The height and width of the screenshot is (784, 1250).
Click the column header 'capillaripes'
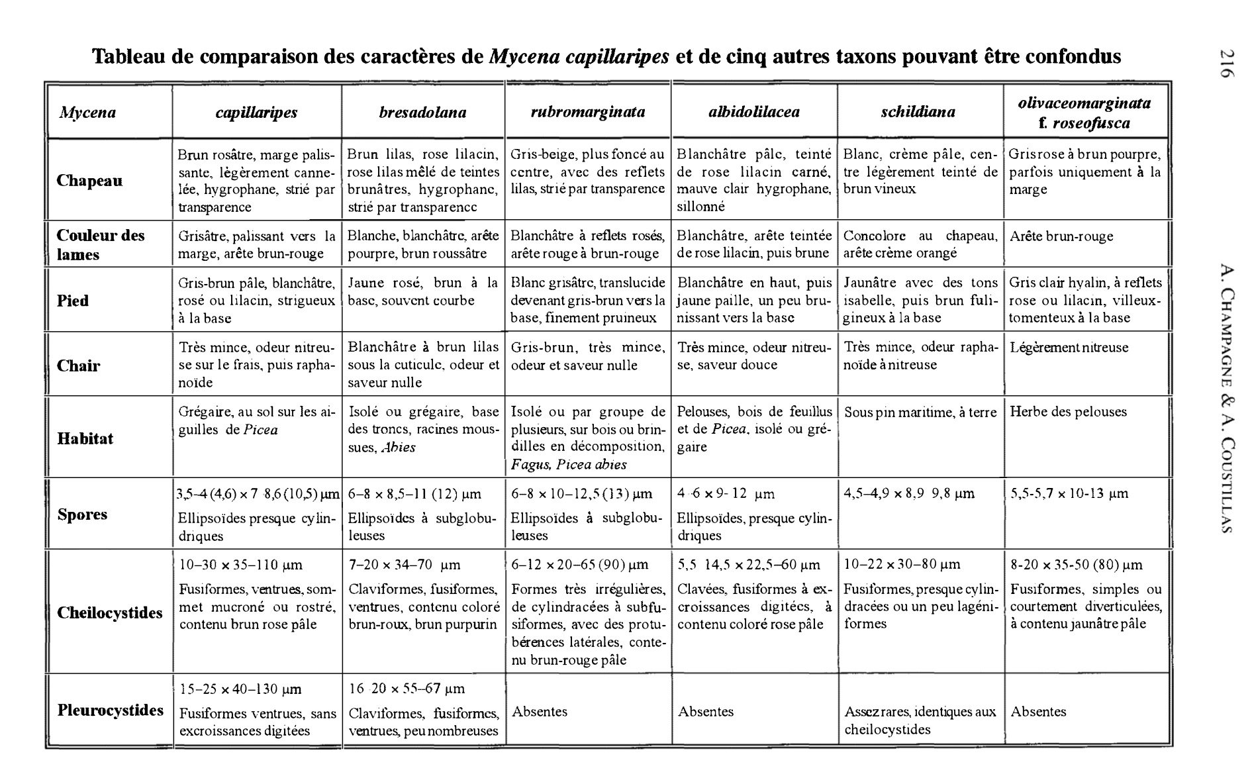click(x=256, y=113)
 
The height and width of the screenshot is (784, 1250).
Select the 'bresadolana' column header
click(x=422, y=113)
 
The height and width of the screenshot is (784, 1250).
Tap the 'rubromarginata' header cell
click(x=587, y=112)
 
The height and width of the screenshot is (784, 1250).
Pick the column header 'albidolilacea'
click(x=753, y=112)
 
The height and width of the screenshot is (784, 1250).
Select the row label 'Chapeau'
click(x=89, y=181)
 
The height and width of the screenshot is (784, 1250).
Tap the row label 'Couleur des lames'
click(x=101, y=245)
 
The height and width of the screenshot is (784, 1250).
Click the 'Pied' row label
click(x=73, y=301)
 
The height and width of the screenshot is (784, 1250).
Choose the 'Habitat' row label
click(x=85, y=438)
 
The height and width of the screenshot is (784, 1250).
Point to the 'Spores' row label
click(x=82, y=514)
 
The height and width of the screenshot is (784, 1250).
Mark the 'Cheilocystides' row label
click(x=109, y=612)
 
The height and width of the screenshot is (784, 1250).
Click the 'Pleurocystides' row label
click(x=110, y=710)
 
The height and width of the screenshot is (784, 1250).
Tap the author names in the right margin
click(x=1226, y=397)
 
